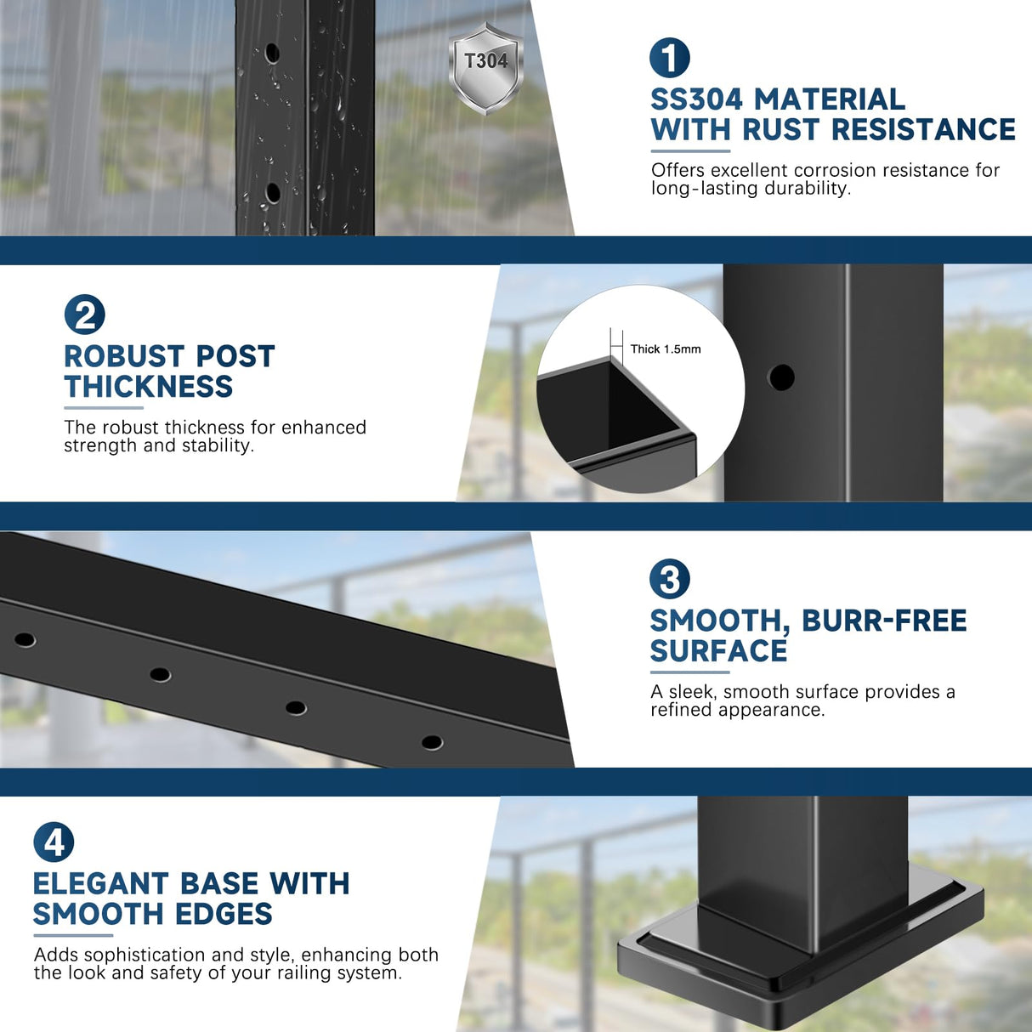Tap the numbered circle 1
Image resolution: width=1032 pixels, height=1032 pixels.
[670, 59]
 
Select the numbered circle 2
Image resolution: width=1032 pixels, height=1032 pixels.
[85, 315]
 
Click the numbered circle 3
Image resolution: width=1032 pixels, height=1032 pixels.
[670, 580]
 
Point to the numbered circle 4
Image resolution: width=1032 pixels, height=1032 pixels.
[54, 842]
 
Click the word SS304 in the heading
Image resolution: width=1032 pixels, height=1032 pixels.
[696, 99]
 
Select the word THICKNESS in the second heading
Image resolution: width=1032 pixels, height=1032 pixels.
[149, 387]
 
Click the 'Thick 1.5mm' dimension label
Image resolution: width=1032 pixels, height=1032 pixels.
[665, 349]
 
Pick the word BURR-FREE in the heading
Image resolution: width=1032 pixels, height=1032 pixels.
[884, 621]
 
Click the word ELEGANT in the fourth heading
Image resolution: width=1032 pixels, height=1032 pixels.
[100, 884]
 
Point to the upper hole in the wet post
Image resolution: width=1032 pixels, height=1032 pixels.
[272, 53]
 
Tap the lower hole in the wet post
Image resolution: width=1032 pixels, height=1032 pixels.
[273, 193]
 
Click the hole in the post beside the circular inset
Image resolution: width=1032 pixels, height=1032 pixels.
[781, 377]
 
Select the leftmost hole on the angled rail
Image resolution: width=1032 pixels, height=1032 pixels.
[25, 639]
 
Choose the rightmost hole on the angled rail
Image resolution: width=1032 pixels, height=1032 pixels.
[432, 742]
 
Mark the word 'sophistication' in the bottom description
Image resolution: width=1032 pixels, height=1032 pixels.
[145, 955]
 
